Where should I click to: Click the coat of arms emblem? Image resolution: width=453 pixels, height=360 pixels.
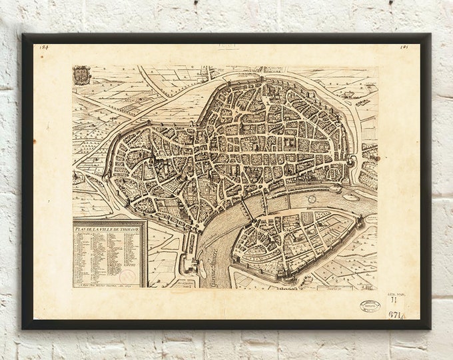coord(82,75)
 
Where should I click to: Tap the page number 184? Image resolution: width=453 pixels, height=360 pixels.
coord(44,47)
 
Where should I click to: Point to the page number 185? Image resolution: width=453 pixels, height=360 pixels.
coord(404,47)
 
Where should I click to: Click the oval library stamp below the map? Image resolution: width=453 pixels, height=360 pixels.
coord(370,305)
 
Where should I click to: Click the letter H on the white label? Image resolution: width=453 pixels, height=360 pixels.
coord(393,301)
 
